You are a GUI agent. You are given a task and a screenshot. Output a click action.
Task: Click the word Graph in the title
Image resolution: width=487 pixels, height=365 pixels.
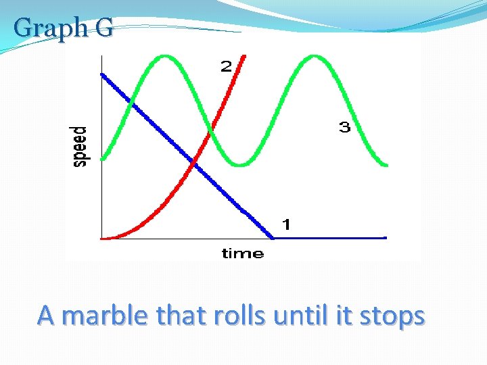click(x=46, y=28)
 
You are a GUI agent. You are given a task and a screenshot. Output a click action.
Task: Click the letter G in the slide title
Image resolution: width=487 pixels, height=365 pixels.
click(x=104, y=28)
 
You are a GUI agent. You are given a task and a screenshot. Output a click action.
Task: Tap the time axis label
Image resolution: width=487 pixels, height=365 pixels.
click(x=242, y=253)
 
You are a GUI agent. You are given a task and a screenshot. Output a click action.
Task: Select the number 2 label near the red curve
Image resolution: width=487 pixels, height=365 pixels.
click(x=226, y=66)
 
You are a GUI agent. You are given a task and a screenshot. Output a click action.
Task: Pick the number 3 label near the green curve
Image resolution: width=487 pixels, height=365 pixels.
click(x=344, y=127)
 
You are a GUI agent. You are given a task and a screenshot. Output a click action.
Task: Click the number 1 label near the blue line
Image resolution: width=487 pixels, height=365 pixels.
click(x=286, y=224)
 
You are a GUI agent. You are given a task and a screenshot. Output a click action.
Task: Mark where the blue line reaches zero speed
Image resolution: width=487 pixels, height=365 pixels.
click(x=273, y=237)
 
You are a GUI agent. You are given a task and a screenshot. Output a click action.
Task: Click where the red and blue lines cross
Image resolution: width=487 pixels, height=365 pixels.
click(x=194, y=162)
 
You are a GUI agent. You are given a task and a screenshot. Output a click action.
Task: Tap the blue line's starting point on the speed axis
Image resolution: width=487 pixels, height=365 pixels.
click(x=102, y=74)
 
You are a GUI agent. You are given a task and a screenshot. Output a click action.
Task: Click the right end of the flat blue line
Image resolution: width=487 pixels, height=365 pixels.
click(x=385, y=237)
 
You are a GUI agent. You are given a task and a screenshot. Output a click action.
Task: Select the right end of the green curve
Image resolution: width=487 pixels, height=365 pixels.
click(x=386, y=164)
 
